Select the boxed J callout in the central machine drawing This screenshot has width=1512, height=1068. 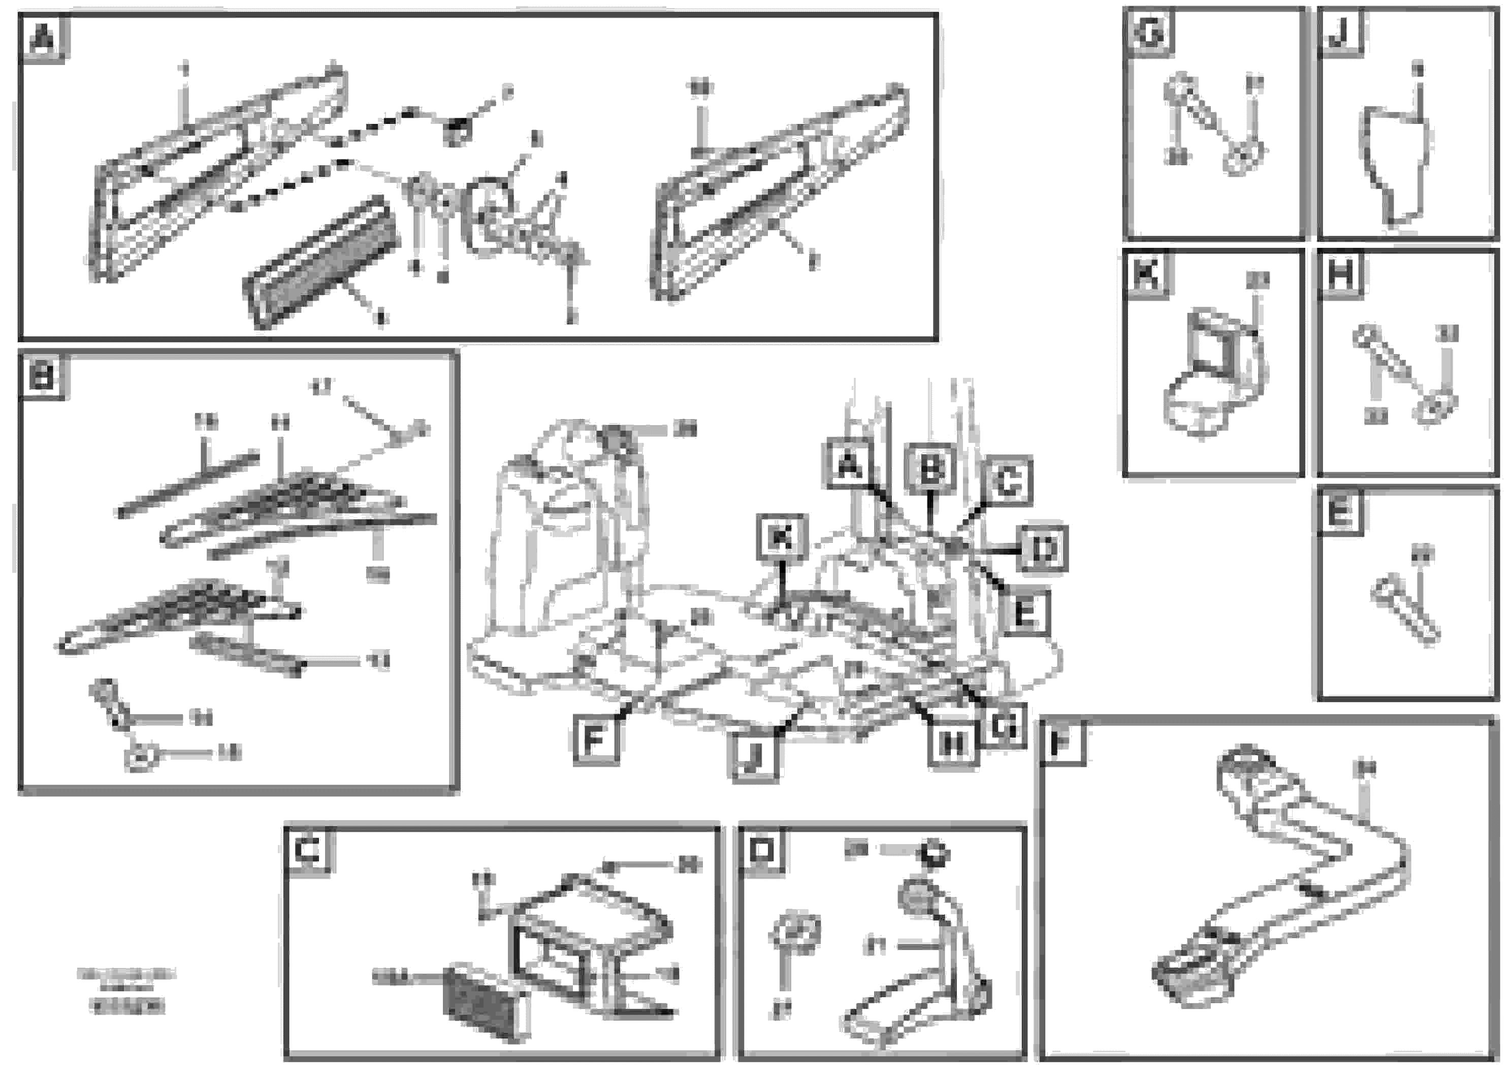point(754,757)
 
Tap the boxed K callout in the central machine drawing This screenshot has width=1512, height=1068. point(782,538)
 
